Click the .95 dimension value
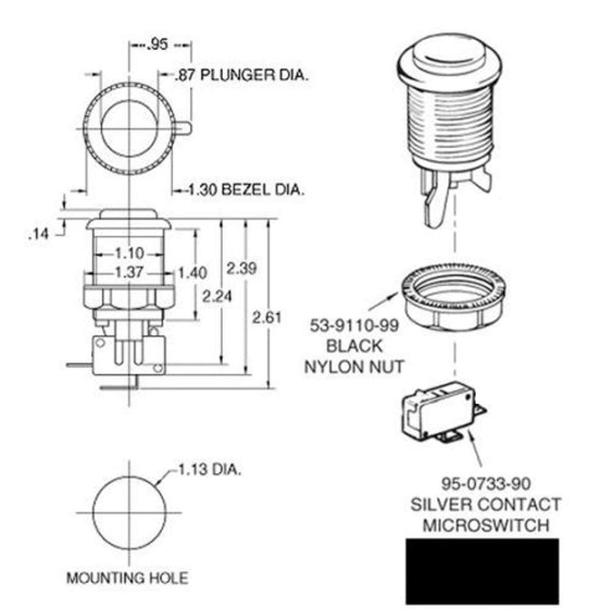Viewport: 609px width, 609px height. point(157,45)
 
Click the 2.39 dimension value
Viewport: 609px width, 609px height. point(241,268)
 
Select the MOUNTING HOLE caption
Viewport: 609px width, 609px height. point(127,577)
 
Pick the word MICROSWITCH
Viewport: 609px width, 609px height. point(485,524)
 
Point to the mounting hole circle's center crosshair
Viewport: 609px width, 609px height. point(128,512)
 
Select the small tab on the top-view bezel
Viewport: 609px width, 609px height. point(184,127)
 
